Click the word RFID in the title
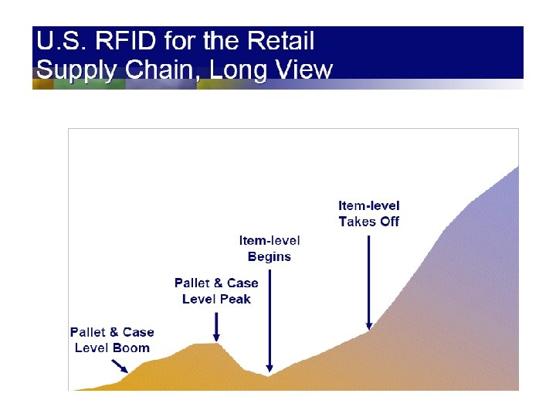coord(125,40)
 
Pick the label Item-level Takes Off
coord(369,214)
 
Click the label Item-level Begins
coord(270,249)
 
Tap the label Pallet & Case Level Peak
coord(216,291)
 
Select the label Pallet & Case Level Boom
coord(112,340)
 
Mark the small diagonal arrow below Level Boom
coord(120,366)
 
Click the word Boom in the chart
coord(131,348)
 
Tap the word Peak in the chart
coord(236,300)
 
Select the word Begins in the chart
coord(270,257)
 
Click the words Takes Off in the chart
coord(369,222)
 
